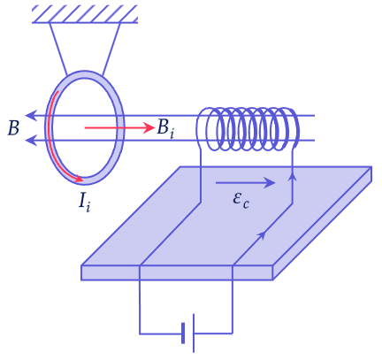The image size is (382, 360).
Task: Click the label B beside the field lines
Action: pos(13,128)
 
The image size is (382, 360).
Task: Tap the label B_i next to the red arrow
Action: pos(165,128)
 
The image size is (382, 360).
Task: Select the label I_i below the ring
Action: pos(85,202)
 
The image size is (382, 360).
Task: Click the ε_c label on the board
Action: pos(241,201)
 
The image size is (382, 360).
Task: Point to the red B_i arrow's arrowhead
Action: pos(149,127)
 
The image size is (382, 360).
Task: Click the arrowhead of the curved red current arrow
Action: pos(79,178)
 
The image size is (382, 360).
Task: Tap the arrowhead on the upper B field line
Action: pos(31,115)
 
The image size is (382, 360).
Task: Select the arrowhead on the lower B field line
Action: pos(31,140)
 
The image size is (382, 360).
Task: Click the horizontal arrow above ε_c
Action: pos(246,183)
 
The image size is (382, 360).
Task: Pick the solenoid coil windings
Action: pos(248,129)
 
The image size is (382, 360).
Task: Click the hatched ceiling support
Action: pos(85,14)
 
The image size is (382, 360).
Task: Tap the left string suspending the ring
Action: pos(58,49)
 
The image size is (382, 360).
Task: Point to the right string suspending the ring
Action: pos(111,49)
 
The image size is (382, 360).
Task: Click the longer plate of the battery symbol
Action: pos(194,333)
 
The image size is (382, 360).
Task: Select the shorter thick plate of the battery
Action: pos(183,333)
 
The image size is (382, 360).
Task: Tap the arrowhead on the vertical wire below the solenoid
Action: pos(292,177)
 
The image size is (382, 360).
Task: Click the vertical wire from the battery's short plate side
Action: pos(140,307)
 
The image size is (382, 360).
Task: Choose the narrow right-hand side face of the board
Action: pos(322,223)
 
